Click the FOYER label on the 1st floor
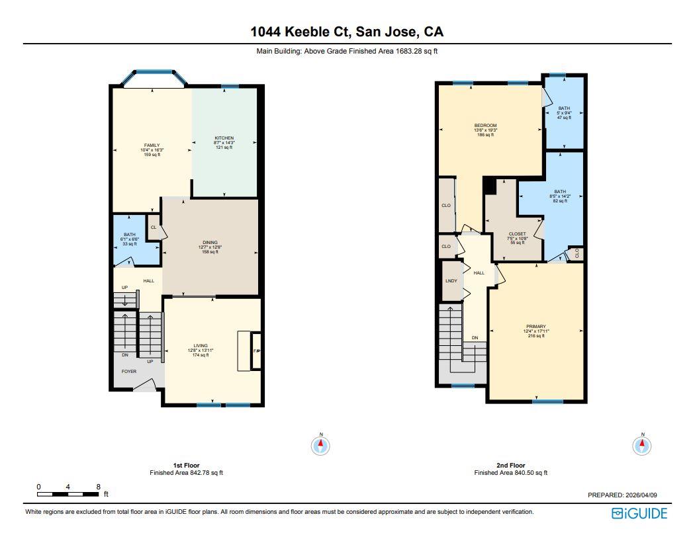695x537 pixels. [x=128, y=372]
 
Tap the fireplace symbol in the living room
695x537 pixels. [x=257, y=351]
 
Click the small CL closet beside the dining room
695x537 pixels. [x=153, y=227]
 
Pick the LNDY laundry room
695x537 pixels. [x=450, y=280]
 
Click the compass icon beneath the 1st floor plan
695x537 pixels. [x=321, y=446]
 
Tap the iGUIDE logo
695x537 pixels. [x=639, y=513]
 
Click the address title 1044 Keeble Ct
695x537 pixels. [x=347, y=31]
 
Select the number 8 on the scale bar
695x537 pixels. [x=98, y=486]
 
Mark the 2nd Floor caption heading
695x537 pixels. [x=510, y=465]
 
